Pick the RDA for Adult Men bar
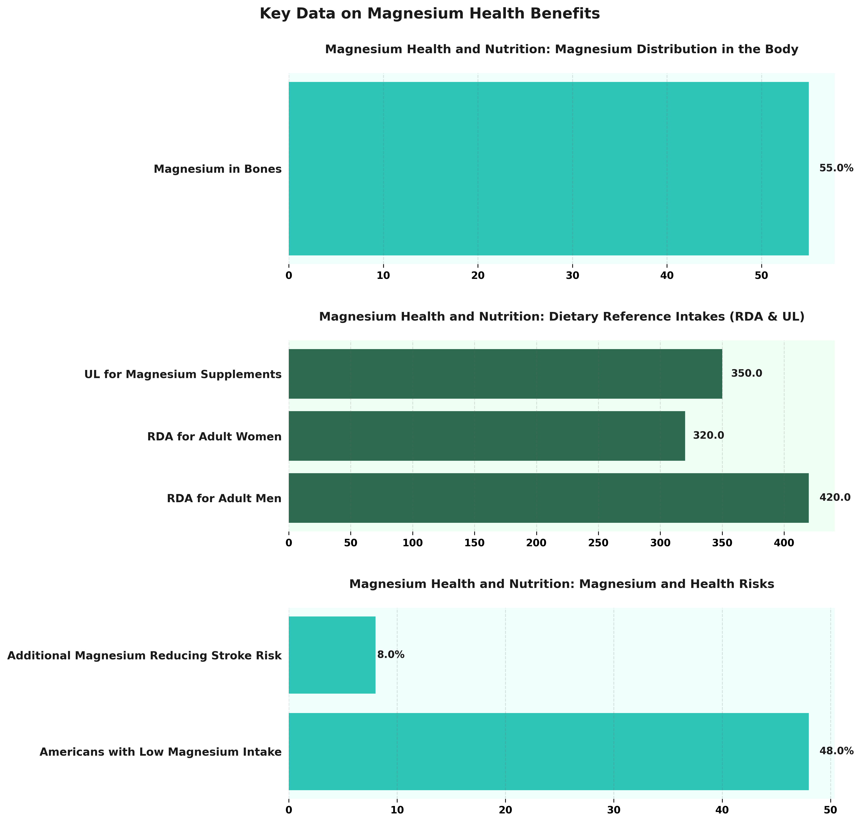[x=549, y=497]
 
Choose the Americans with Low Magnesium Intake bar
[x=549, y=752]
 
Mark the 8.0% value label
[x=391, y=655]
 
